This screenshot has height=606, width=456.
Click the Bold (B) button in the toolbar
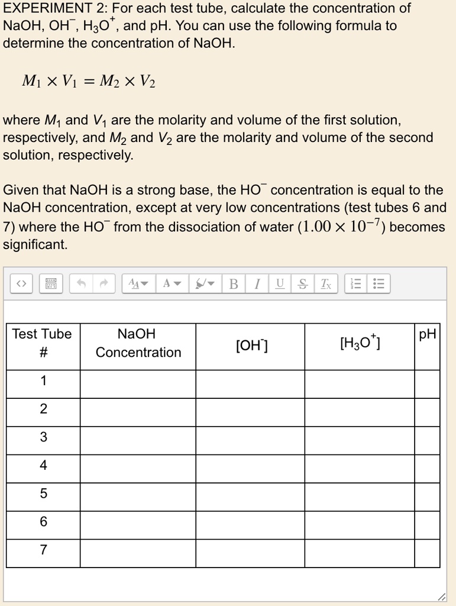[234, 285]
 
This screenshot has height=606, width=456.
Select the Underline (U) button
[280, 285]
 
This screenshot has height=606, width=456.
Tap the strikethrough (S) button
[303, 285]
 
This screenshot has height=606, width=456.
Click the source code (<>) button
[21, 285]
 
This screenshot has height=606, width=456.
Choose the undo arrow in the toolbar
[81, 285]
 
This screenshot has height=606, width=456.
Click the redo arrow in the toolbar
[104, 285]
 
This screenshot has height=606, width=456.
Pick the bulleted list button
[379, 285]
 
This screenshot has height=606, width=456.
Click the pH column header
[427, 334]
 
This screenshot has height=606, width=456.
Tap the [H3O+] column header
[360, 343]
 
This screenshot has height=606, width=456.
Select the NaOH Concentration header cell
[138, 343]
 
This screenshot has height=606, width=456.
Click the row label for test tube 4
[43, 466]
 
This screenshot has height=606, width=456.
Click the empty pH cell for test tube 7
[427, 550]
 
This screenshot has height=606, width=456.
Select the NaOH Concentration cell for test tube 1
[138, 381]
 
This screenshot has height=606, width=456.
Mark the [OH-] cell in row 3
[250, 437]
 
